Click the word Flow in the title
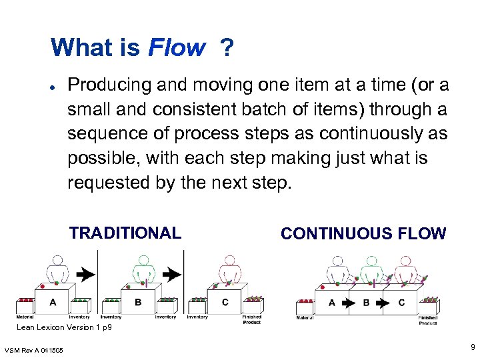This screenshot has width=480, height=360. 177,48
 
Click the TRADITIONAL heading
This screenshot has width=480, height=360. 125,233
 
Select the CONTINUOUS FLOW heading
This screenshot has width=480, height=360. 363,233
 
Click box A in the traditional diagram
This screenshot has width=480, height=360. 53,303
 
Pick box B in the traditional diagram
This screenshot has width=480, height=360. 138,303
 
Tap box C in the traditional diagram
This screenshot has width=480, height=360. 225,303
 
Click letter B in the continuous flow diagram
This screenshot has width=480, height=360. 366,303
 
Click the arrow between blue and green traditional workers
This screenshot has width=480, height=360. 84,273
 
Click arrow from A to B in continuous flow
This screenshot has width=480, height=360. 349,303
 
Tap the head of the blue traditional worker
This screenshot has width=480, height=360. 57,260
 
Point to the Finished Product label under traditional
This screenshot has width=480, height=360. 252,319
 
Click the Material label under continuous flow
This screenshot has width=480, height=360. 305,318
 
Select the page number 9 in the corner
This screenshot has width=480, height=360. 472,347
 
